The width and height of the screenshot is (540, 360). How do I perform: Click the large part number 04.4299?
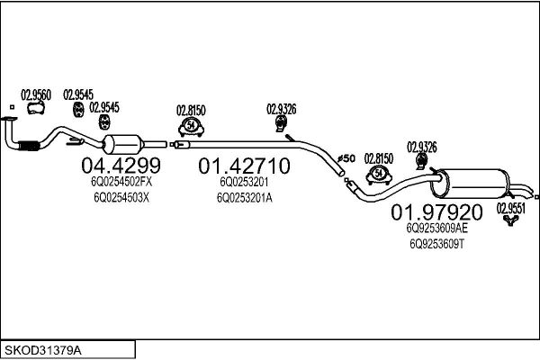tap(121, 166)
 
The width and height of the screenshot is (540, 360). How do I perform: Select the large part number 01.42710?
tap(244, 166)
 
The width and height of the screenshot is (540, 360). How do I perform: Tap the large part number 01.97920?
tap(436, 212)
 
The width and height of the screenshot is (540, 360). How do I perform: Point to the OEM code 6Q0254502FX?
tap(121, 182)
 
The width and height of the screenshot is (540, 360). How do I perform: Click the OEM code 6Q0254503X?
tap(121, 198)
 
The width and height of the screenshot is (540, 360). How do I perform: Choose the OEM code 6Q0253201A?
tap(245, 198)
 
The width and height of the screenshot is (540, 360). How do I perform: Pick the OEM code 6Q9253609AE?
tap(437, 228)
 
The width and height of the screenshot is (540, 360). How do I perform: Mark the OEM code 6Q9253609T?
tap(437, 244)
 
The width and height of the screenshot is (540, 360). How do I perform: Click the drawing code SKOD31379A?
tap(43, 350)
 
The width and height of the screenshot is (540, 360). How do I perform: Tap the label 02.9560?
tap(36, 95)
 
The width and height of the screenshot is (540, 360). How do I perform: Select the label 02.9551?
tap(510, 208)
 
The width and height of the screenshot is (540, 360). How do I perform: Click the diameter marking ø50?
tap(346, 158)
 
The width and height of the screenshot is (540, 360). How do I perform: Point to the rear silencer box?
tap(470, 184)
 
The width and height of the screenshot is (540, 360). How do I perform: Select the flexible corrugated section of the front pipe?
tap(29, 146)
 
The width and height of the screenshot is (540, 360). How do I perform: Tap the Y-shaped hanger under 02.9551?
tap(510, 220)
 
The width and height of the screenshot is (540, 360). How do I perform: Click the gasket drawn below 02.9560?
tap(36, 108)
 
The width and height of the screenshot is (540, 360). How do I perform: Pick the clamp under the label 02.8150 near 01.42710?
tap(191, 127)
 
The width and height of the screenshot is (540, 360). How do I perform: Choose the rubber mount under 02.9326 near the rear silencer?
tap(421, 161)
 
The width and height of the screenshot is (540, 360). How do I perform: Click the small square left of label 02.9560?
tap(12, 107)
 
